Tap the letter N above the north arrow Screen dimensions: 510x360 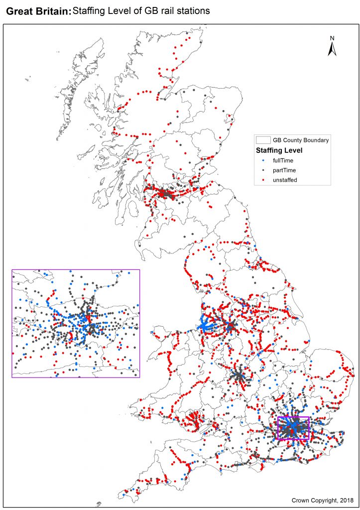point(332,38)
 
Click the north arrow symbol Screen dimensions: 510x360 point(332,49)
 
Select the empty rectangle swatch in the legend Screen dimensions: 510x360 point(262,140)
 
